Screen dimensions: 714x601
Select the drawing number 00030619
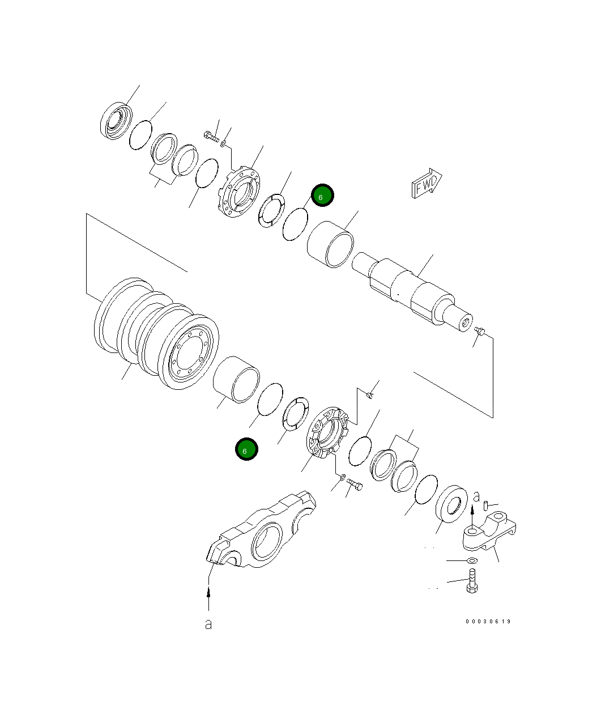(488, 622)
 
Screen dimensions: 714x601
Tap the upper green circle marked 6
(322, 196)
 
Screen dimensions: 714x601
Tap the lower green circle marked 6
(246, 450)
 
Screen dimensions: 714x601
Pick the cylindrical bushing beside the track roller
(236, 380)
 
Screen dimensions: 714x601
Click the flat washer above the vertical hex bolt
(471, 560)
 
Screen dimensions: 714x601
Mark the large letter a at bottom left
(208, 624)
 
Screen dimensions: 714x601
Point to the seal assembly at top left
(116, 120)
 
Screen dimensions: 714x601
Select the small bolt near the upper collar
(211, 137)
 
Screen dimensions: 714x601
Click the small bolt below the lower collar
(355, 484)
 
